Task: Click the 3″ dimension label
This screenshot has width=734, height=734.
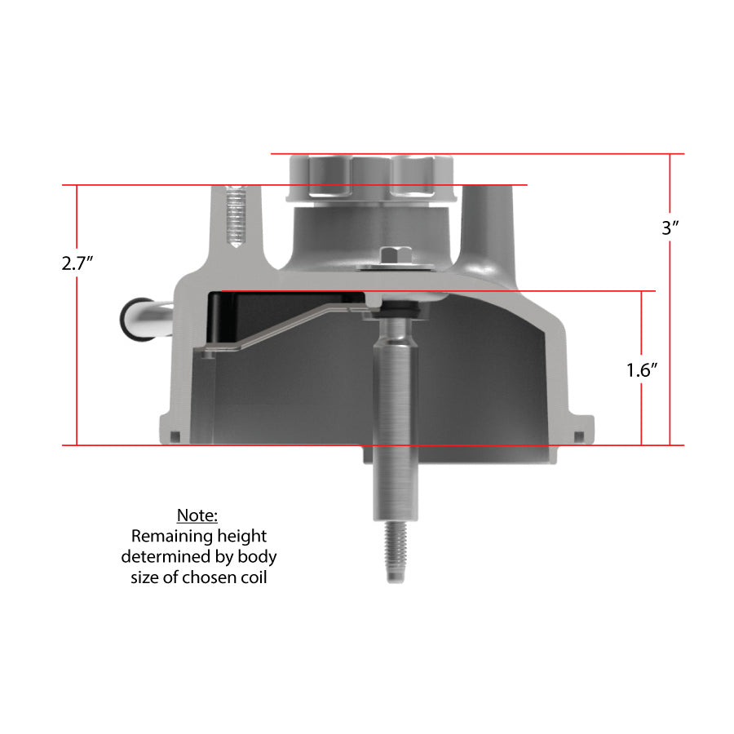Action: click(670, 228)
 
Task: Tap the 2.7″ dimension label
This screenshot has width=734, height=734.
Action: click(77, 263)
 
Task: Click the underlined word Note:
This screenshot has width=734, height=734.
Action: click(197, 515)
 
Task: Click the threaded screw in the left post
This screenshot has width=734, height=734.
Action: click(236, 216)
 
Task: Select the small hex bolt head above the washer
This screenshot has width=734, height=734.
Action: click(396, 255)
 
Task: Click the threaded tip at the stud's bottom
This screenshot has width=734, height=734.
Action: click(395, 552)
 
